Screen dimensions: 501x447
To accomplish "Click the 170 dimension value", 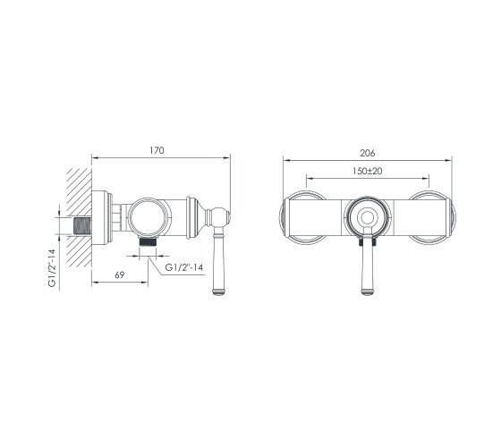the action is pos(157,150).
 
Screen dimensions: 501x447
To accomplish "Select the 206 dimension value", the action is pos(368,153).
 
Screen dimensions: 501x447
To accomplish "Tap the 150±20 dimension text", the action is pos(368,171).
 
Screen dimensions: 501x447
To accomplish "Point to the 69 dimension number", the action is pos(120,275).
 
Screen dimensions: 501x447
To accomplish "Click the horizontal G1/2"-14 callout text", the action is pos(184,267).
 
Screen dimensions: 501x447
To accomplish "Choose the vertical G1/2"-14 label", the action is pos(53,268).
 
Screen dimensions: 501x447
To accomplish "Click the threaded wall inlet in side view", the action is pos(82,225).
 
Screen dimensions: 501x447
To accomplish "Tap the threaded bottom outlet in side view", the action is pos(148,241).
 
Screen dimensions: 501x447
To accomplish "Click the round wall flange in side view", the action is pos(102,217).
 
